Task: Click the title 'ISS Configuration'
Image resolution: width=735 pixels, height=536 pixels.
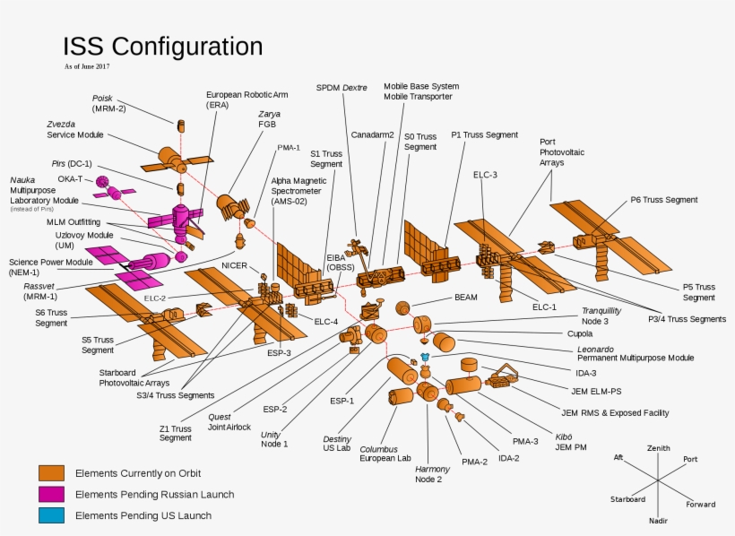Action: [x=162, y=47]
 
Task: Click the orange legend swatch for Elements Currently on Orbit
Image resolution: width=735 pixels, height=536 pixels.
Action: [x=51, y=472]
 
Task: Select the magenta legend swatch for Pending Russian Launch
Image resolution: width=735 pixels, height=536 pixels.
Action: [x=51, y=494]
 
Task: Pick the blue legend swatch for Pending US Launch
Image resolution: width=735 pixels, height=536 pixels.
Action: [x=51, y=515]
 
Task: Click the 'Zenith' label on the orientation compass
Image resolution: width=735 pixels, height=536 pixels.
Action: [x=658, y=448]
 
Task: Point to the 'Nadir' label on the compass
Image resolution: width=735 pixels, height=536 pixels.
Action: [x=658, y=520]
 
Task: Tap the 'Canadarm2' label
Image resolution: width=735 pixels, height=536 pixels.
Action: [x=372, y=134]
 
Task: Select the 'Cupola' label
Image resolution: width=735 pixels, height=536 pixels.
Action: [x=580, y=333]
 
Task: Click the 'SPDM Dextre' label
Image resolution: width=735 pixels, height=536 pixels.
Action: [x=342, y=87]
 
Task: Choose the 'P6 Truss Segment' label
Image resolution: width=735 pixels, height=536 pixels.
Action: [x=663, y=200]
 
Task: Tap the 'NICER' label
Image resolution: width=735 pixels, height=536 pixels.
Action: [x=234, y=265]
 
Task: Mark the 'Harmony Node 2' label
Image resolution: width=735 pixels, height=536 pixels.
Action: [x=432, y=473]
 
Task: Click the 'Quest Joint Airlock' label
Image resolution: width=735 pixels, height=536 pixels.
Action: [x=231, y=422]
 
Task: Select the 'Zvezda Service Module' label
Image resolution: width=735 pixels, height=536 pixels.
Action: [x=75, y=129]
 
